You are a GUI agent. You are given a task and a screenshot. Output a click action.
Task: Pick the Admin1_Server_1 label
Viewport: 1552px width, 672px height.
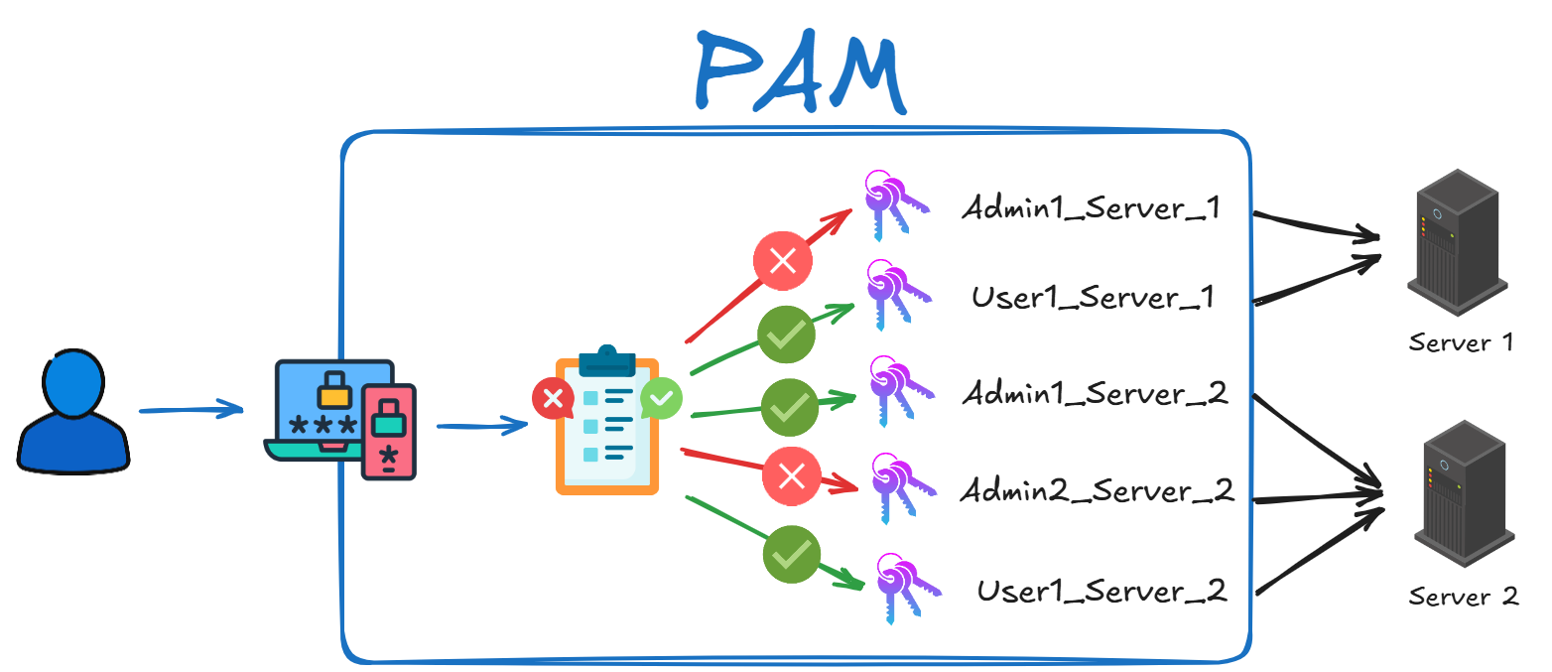coord(1090,209)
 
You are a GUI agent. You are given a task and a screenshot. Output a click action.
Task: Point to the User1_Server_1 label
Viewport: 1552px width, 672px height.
coord(1093,298)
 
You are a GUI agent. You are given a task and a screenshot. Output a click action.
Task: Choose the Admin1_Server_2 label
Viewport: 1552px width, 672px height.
coord(1095,394)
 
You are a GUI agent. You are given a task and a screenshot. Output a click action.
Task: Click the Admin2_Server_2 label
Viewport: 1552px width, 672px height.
coord(1097,490)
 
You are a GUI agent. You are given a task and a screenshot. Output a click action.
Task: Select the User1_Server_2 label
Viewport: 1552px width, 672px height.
coord(1101,592)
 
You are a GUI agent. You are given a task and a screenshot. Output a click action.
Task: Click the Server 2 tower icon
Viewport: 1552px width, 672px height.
coord(1464,493)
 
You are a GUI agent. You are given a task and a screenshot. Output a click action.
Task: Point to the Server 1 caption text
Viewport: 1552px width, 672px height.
coord(1461,343)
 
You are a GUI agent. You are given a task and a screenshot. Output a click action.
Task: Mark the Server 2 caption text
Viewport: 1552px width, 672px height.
coord(1464,597)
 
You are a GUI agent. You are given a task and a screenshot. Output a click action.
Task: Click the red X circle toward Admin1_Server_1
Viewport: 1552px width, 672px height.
coord(783,261)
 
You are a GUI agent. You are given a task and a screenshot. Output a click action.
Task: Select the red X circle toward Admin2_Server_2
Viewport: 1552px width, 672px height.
coord(791,477)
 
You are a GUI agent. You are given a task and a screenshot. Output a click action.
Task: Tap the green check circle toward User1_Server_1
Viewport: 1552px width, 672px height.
coord(787,335)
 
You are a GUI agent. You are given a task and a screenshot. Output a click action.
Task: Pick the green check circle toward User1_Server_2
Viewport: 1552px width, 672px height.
coord(791,554)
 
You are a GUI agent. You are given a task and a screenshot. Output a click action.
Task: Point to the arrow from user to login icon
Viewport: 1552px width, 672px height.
coord(191,409)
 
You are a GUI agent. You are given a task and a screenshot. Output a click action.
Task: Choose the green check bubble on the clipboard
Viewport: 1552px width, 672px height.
coord(661,398)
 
